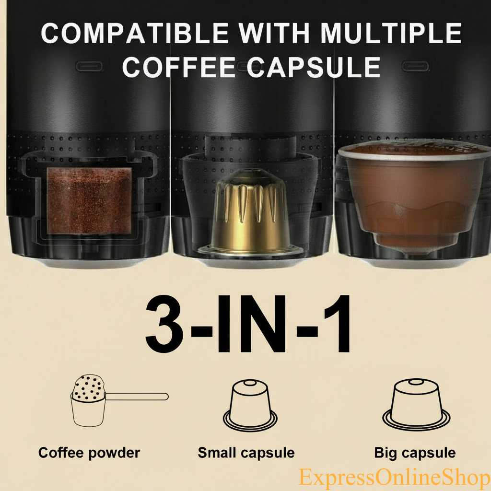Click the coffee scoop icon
point(89,400)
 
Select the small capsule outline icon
point(250,406)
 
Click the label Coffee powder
point(89,452)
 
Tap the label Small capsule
point(246,452)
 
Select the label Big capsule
point(415,452)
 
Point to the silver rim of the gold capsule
point(250,250)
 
